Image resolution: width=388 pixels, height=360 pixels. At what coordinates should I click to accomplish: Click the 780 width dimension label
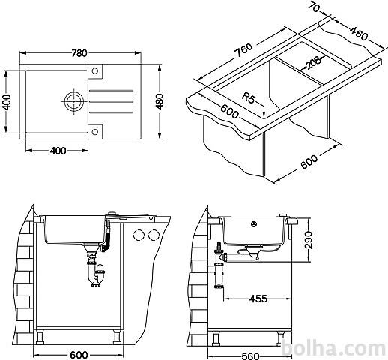tap(79, 53)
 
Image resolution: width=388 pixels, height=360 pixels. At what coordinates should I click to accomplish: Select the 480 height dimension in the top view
tap(159, 101)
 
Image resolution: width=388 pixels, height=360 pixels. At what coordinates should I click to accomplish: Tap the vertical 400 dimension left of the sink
tap(7, 102)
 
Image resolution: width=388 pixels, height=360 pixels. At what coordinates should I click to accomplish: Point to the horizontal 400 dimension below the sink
tap(58, 151)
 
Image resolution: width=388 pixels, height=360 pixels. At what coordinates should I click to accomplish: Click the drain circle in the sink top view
tap(73, 101)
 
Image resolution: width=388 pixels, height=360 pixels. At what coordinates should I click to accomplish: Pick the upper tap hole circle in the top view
tap(95, 70)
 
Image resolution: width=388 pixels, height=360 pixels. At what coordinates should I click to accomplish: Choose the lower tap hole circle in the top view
tap(95, 132)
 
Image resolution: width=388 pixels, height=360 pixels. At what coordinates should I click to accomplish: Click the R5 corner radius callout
tap(249, 97)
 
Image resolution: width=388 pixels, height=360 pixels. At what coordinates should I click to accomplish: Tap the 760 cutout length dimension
tap(243, 50)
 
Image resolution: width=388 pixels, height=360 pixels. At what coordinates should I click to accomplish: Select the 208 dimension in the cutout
tap(313, 62)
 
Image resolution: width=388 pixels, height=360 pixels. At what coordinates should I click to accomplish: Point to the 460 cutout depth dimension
tap(359, 34)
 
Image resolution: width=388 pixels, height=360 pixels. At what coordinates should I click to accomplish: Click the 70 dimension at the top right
tap(314, 7)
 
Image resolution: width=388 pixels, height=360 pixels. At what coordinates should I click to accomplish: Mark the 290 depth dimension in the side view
tap(309, 240)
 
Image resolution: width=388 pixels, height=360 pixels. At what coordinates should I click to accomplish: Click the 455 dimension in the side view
tap(258, 298)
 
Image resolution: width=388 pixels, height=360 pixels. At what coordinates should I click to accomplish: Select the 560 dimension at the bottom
tap(250, 355)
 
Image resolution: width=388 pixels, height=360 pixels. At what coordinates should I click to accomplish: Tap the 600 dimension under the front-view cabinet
tap(79, 355)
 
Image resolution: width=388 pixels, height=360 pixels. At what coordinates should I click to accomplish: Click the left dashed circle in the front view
tap(139, 235)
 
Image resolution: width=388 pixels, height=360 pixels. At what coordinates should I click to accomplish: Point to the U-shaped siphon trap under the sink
tap(96, 275)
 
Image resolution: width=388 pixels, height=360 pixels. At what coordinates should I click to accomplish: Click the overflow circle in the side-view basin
tap(254, 224)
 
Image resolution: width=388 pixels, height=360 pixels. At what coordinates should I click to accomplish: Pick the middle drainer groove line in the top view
tap(111, 101)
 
